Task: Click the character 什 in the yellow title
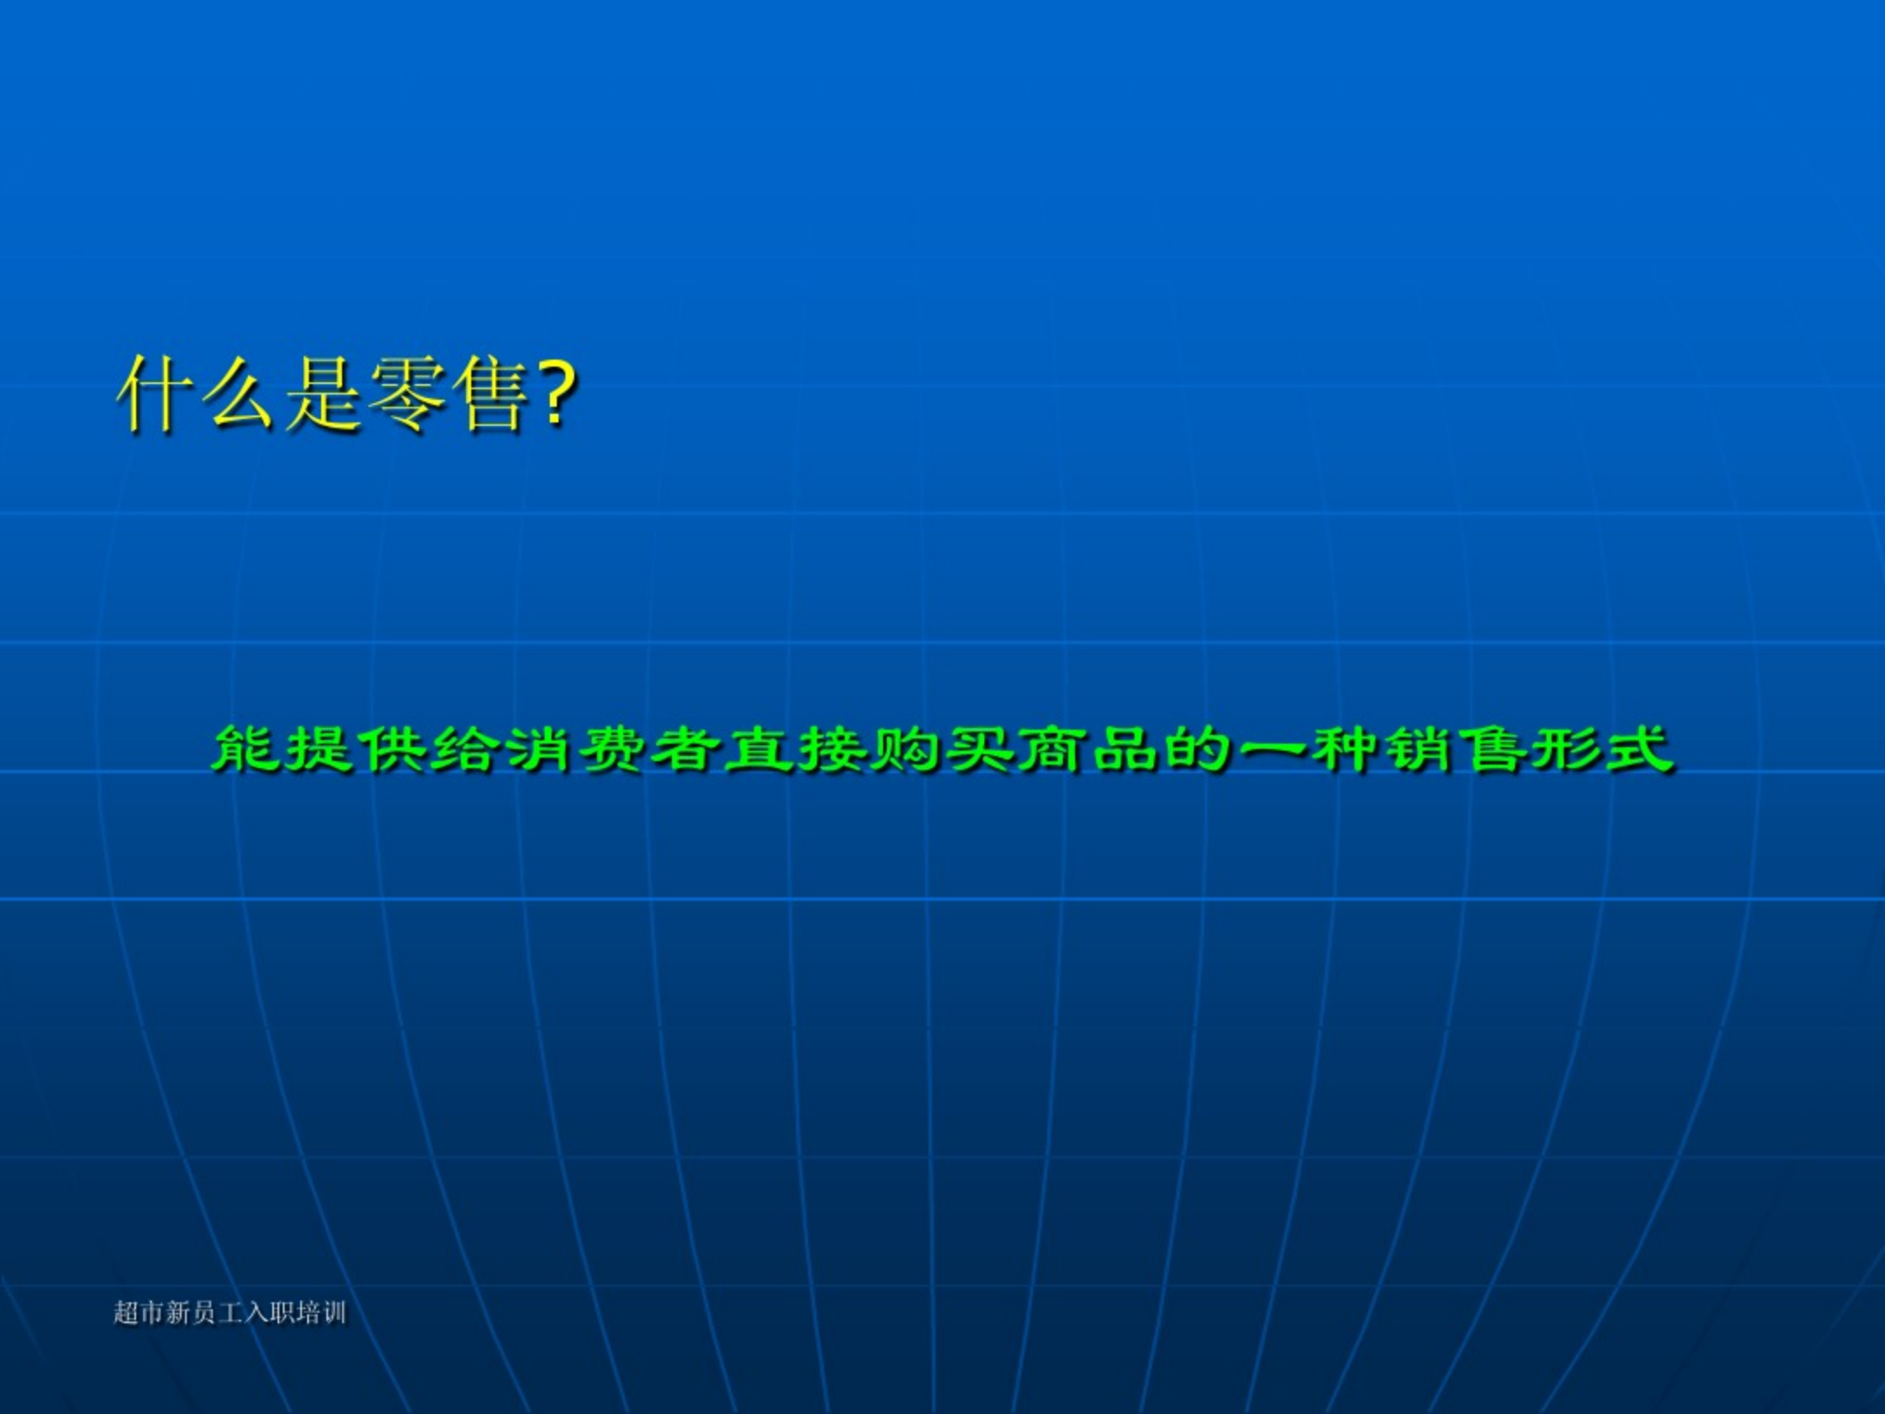coord(154,394)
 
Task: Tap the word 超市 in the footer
coord(139,1313)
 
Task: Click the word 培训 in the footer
coord(321,1313)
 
